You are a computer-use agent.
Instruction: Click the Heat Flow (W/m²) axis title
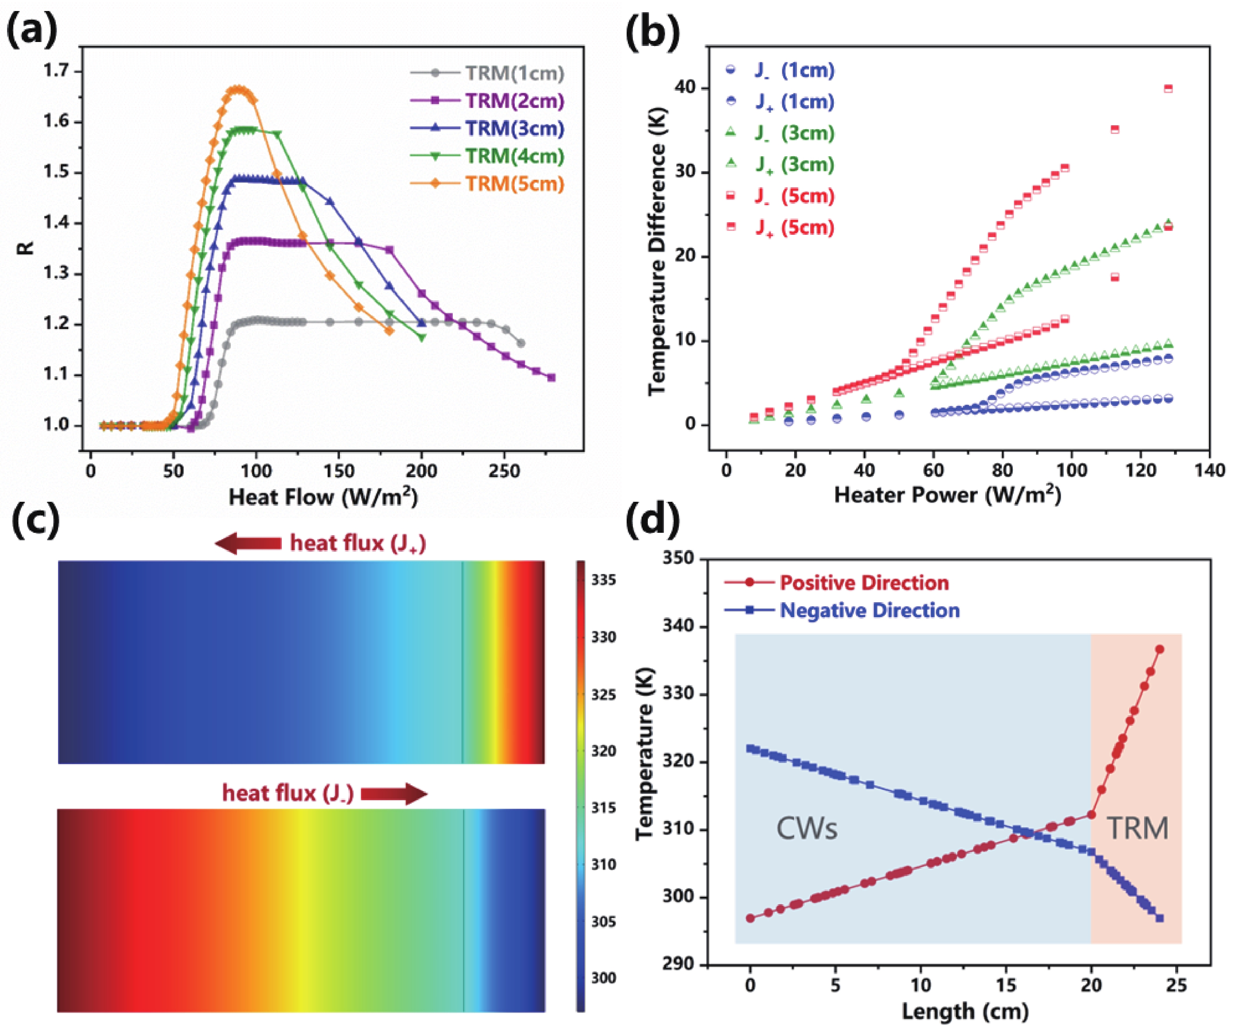(x=323, y=496)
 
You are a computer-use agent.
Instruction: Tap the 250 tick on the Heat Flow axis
(x=505, y=471)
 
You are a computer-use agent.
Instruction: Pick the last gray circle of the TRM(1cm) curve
(x=520, y=343)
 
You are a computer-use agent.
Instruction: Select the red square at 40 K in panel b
(x=1169, y=89)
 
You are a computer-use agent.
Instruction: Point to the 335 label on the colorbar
(x=604, y=580)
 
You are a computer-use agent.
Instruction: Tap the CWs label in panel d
(x=806, y=828)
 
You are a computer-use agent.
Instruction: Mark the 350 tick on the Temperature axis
(x=678, y=558)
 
